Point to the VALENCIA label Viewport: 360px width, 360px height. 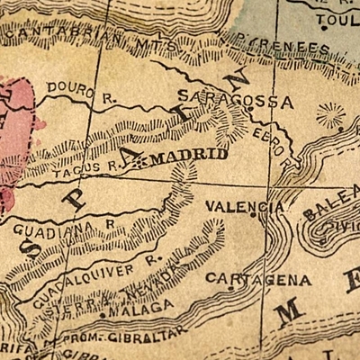tap(245, 206)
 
